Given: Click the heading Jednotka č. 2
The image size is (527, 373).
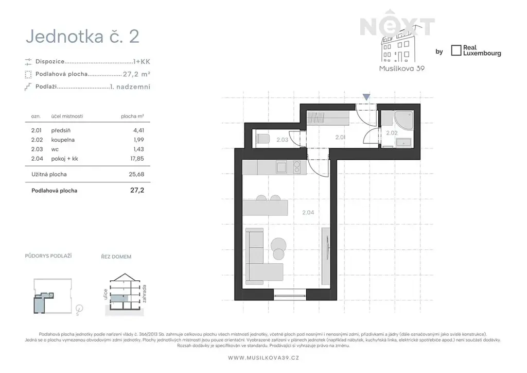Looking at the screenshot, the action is coord(82,37).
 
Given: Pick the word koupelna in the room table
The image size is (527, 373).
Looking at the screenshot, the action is coord(63,140).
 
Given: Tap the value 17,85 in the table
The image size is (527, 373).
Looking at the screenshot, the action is coord(137,159).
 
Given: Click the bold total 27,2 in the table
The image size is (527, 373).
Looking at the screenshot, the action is coord(137,191).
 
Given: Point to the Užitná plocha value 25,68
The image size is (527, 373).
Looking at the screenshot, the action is coord(136,174).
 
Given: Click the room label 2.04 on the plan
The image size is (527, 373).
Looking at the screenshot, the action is coord(308,213).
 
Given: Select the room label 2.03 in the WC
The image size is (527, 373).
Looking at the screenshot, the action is coord(283,140).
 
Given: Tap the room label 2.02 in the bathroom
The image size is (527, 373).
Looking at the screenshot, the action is coord(392,133).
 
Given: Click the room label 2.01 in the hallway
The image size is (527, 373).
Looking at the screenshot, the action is coord(340,137).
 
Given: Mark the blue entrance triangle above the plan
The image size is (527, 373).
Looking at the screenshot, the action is coord(366,97).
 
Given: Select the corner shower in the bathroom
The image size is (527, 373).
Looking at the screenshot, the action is coord(403,121).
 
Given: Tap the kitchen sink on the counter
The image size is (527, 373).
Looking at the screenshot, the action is coord(281,167).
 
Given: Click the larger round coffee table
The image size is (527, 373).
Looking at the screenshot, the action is coord(278,244).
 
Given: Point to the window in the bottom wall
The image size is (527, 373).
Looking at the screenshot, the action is coord(290,297).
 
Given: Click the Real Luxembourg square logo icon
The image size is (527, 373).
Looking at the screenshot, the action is coord(456,50).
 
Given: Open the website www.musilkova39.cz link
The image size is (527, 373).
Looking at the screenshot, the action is coord(263,358).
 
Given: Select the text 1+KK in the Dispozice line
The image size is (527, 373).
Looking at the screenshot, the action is coord(142,61).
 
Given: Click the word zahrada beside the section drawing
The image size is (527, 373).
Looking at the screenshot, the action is coord(145,294).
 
